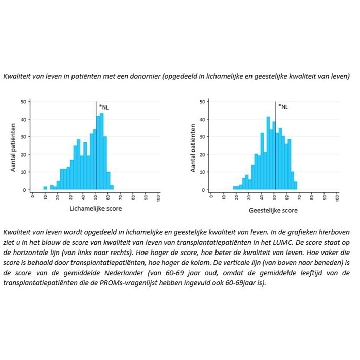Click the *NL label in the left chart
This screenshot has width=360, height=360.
coord(104,107)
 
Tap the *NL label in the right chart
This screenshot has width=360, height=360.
coord(283,107)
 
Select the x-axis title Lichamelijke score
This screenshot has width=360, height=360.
coord(96,209)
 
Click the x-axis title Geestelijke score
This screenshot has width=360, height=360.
coord(273,210)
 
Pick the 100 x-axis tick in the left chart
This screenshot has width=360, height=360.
coord(158,197)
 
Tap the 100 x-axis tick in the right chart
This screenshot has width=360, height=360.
coord(337,197)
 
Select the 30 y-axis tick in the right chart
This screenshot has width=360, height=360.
coord(202,137)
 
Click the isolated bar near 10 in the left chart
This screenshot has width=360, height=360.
coord(45,188)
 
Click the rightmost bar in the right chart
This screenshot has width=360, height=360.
coord(295,186)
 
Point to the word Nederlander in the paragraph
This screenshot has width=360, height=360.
coord(107,273)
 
